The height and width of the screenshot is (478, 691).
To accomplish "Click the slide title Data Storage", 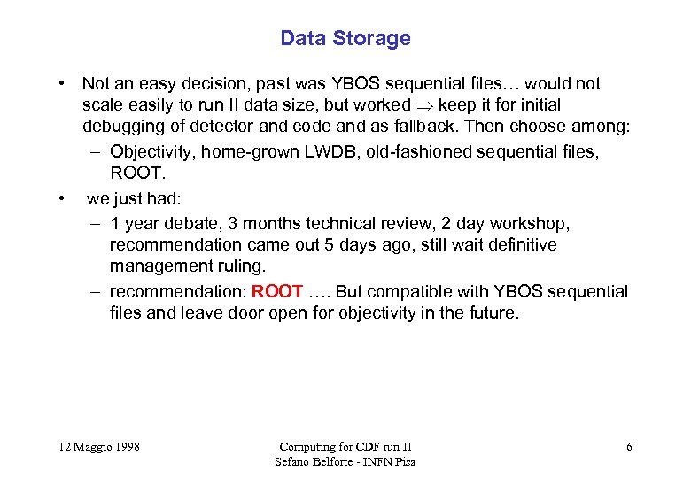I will click(x=345, y=38).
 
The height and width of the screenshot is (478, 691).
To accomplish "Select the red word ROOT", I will click(x=278, y=291).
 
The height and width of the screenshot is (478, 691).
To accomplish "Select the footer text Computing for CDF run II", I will click(x=345, y=447).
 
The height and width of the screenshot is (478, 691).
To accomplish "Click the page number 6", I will click(x=629, y=447).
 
